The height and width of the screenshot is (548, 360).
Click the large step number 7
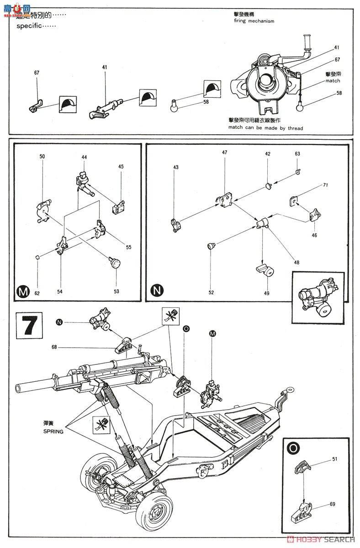tap(29, 326)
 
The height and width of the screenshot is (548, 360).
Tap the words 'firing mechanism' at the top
tap(253, 21)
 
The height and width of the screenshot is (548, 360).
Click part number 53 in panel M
tap(116, 291)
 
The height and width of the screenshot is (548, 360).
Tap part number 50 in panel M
tap(42, 157)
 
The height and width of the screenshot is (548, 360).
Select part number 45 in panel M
tap(121, 167)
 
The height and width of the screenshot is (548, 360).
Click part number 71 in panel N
tap(325, 185)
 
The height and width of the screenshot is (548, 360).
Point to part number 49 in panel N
tap(266, 293)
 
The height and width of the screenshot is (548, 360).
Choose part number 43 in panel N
tap(175, 167)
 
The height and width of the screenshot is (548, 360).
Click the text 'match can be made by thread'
tap(266, 128)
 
